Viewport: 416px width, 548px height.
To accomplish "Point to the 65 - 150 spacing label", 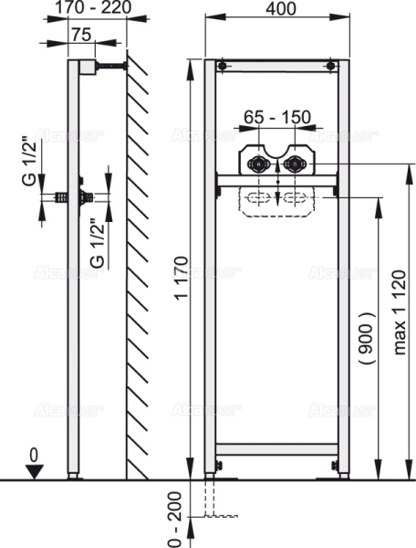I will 277,117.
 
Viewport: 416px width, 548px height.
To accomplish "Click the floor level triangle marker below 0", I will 34,469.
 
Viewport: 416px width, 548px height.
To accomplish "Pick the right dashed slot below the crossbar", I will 294,198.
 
